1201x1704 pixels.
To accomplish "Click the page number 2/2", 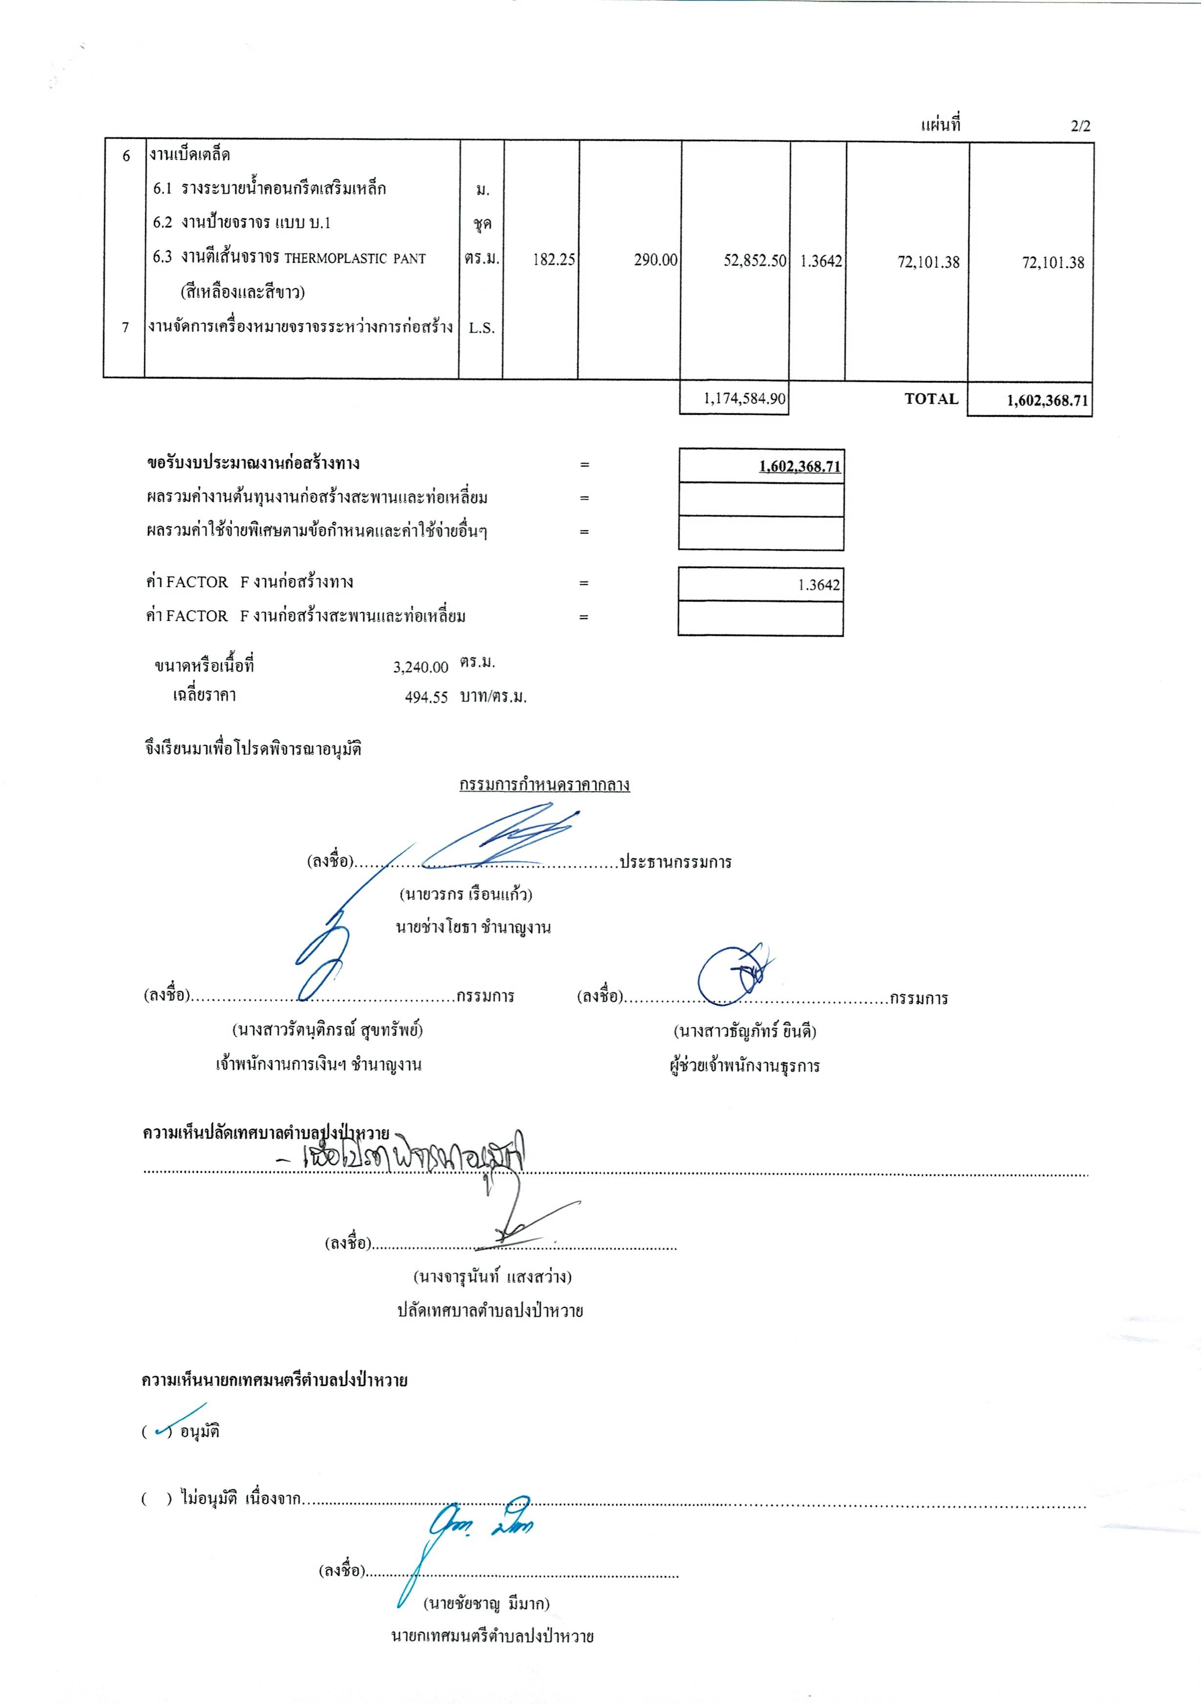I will point(1080,126).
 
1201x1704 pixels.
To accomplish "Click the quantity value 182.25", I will point(553,261).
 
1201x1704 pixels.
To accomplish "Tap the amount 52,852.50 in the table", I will point(754,261).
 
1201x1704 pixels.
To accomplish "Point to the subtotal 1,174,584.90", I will point(744,399).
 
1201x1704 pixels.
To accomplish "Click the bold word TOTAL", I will point(931,399).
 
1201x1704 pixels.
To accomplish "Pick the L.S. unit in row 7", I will point(481,328).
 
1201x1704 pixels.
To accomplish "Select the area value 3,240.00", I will point(420,667).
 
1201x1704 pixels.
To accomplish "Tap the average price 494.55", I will point(427,697).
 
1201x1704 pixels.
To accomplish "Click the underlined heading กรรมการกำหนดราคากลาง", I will point(545,785).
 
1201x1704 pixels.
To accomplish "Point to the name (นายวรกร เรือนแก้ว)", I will point(466,894).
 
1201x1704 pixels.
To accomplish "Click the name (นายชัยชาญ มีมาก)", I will point(487,1604).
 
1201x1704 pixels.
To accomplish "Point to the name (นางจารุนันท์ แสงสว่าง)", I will point(492,1277).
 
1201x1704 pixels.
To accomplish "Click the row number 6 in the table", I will point(126,155).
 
